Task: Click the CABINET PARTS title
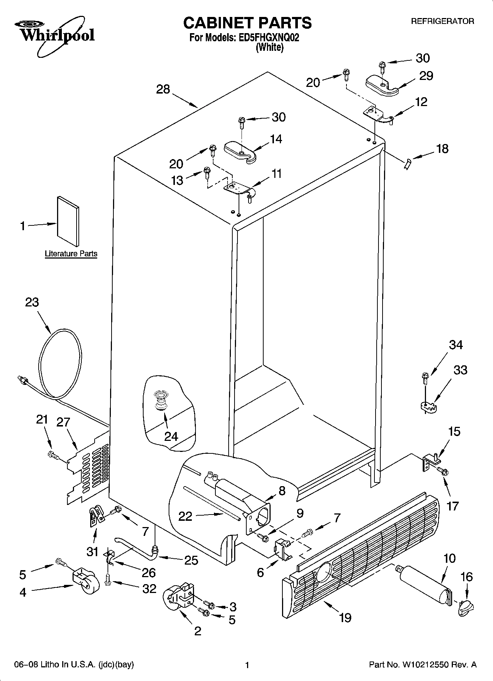click(x=247, y=23)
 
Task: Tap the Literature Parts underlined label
click(x=71, y=253)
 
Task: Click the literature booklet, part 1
click(x=68, y=221)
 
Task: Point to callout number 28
click(x=163, y=89)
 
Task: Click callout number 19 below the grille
click(x=345, y=617)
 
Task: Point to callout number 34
click(x=456, y=345)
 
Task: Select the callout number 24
click(x=171, y=436)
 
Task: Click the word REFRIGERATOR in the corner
click(x=443, y=21)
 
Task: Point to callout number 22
click(x=185, y=516)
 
